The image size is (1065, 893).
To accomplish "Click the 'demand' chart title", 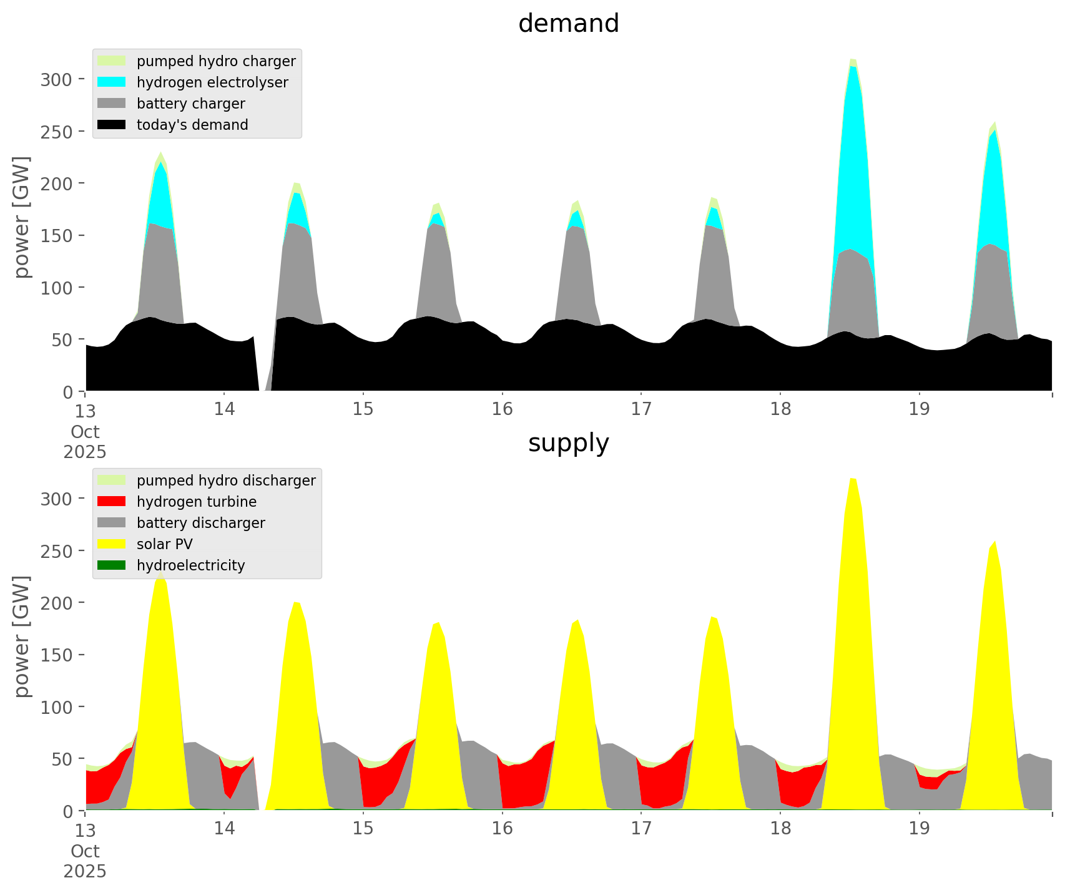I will coord(568,24).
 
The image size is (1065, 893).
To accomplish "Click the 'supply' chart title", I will coord(568,443).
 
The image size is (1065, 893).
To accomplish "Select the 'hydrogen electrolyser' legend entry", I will coord(212,82).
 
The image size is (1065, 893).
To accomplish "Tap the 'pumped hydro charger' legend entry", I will coord(216,61).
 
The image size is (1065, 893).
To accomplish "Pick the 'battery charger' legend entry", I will coord(190,104).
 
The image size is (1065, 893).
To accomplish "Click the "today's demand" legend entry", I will coord(192,125).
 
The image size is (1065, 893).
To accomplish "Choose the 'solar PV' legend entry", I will coord(165,544).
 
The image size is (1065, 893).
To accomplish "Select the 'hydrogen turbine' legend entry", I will coord(197,502).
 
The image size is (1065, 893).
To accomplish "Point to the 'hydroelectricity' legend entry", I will coord(190,565).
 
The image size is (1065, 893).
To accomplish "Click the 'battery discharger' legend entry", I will coord(200,523).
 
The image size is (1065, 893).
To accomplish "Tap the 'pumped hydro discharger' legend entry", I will coord(226,481).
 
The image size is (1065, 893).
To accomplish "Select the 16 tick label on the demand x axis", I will coord(502,409).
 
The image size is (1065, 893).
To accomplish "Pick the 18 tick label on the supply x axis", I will coord(780,829).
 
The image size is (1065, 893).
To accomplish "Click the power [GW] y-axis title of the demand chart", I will coord(22,217).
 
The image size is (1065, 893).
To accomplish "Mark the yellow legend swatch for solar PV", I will coord(112,544).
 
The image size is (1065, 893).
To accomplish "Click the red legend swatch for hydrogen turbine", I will coord(112,502).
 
